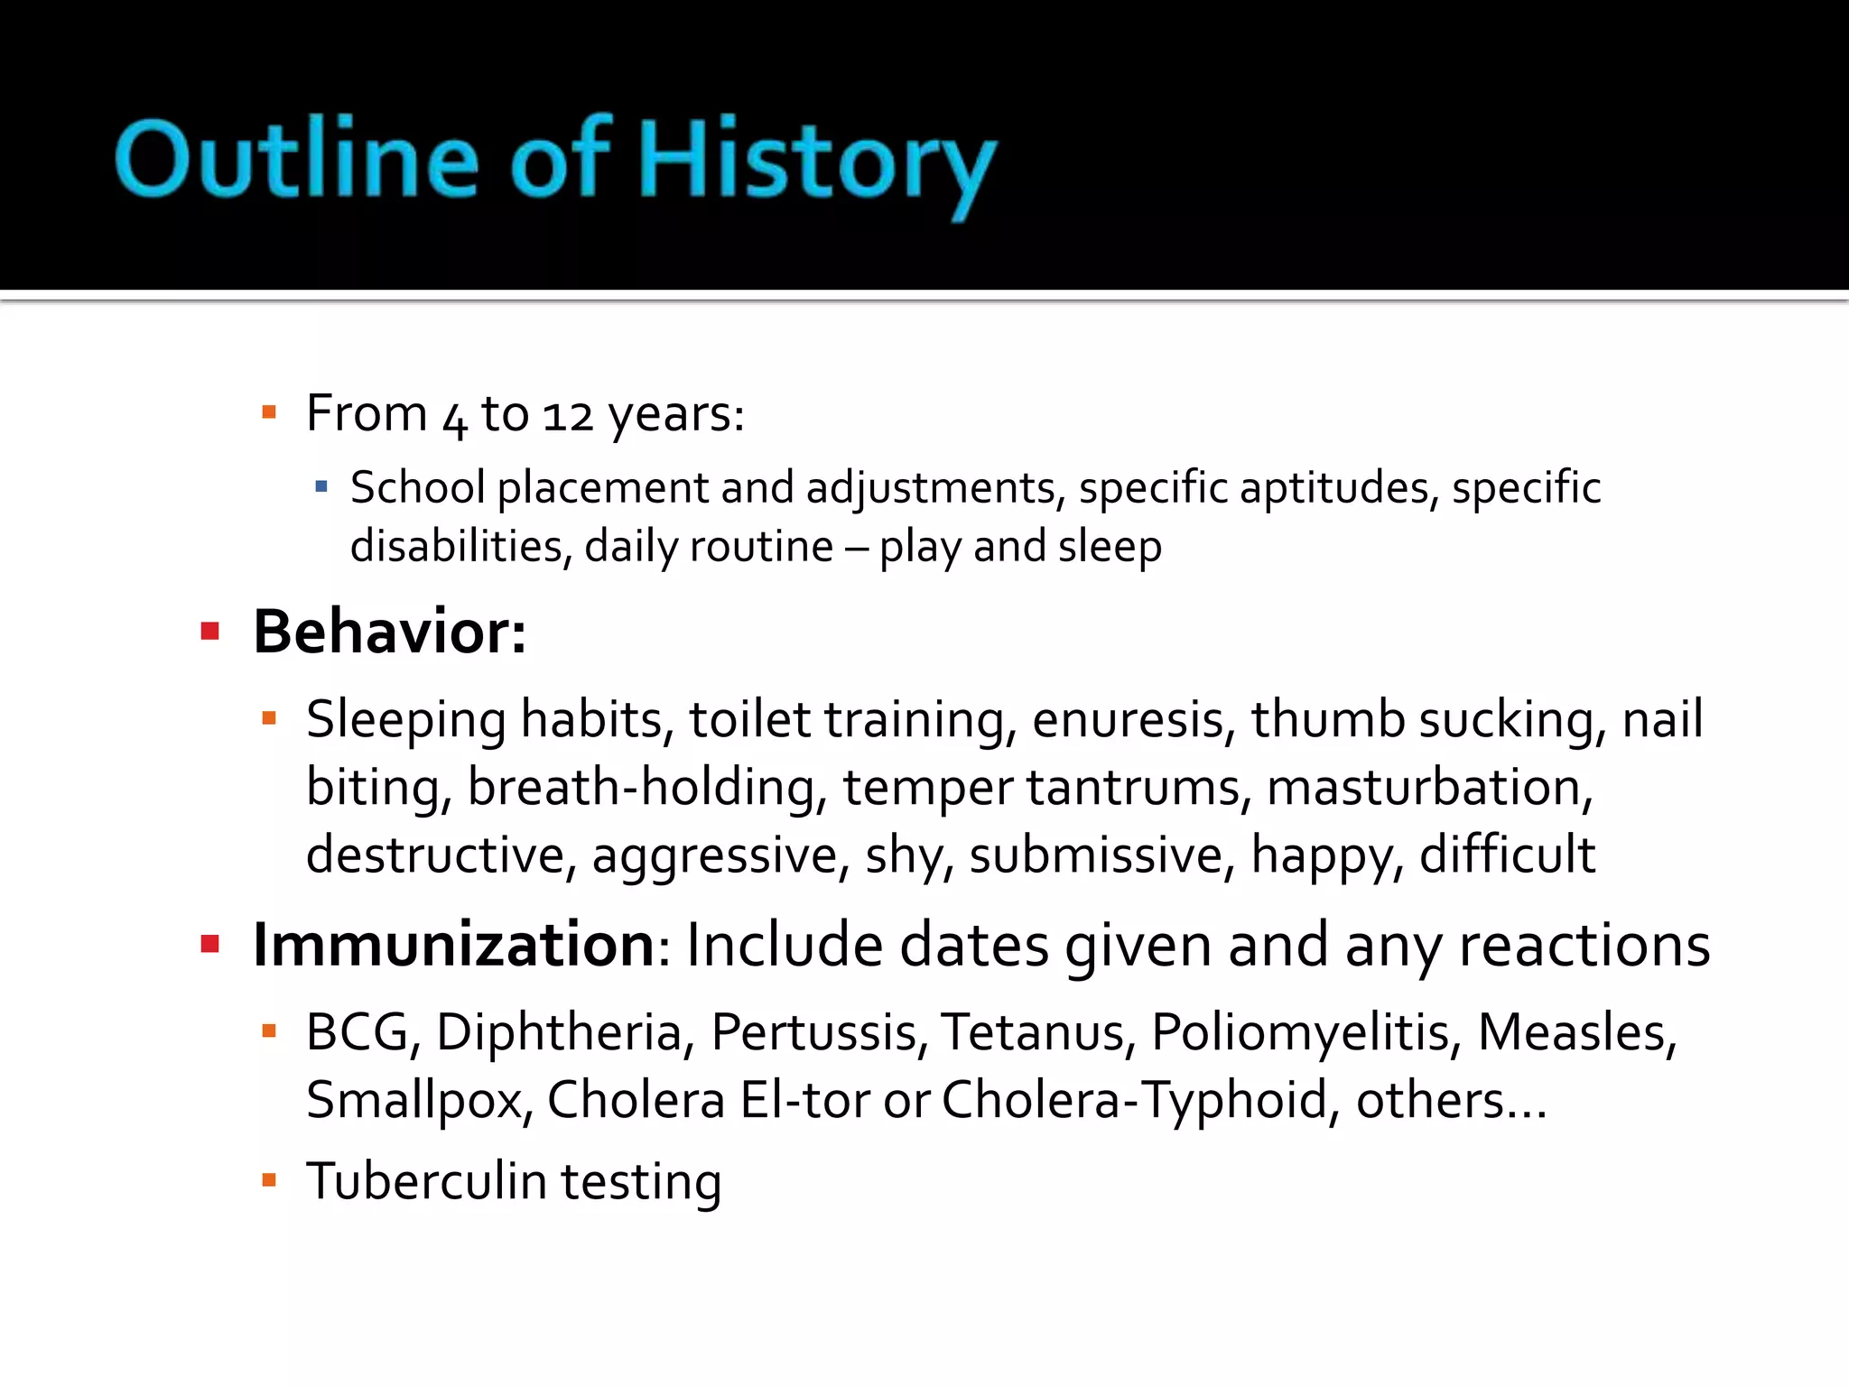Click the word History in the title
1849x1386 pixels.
817,162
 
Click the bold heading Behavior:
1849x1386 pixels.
389,632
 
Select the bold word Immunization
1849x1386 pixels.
454,945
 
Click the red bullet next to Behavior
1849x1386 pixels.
210,631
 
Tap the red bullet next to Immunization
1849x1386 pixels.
210,945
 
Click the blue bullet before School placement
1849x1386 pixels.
321,488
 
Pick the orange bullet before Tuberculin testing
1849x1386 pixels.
268,1179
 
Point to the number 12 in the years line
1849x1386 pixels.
568,416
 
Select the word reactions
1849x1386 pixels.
1584,947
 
